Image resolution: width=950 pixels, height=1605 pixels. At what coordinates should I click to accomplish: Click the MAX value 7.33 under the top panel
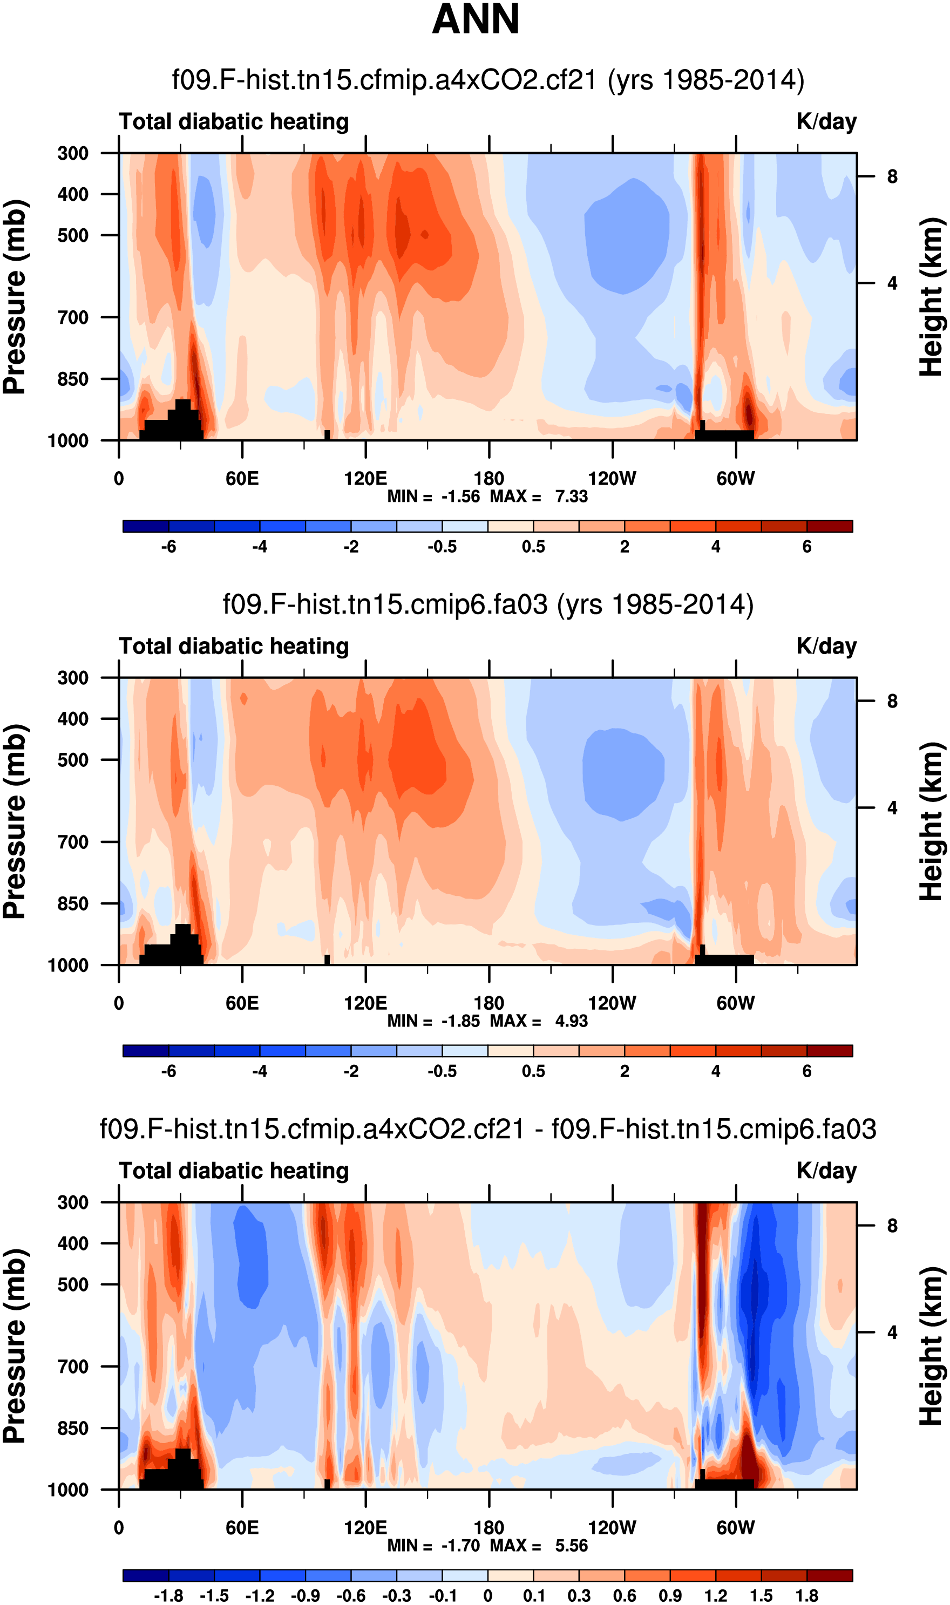571,497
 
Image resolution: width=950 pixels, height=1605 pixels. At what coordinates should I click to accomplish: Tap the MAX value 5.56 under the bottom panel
571,1546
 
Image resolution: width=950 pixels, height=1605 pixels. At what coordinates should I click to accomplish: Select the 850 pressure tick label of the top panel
72,379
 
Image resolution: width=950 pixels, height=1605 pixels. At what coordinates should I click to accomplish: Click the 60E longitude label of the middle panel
242,1003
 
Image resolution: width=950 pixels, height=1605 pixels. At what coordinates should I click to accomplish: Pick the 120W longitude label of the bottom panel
612,1528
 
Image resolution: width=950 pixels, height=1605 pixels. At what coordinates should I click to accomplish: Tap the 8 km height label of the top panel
892,176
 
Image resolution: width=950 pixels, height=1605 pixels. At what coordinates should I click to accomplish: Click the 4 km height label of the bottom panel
892,1332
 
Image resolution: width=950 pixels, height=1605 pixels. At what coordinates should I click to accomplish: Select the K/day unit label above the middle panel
826,647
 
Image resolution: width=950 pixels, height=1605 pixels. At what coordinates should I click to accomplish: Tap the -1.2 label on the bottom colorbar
260,1595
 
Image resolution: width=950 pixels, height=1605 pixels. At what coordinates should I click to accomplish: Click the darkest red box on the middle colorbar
830,1051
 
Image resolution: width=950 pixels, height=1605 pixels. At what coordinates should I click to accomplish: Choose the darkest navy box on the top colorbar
146,526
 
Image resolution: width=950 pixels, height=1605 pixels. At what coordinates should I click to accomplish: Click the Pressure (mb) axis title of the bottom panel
15,1346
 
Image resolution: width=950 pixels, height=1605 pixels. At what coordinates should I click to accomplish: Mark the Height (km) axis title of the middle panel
932,822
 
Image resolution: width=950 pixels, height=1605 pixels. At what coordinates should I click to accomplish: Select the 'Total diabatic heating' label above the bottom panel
234,1171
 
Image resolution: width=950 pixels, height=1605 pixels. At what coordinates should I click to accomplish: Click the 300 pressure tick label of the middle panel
72,678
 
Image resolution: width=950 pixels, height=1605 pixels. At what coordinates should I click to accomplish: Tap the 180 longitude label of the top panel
488,479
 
